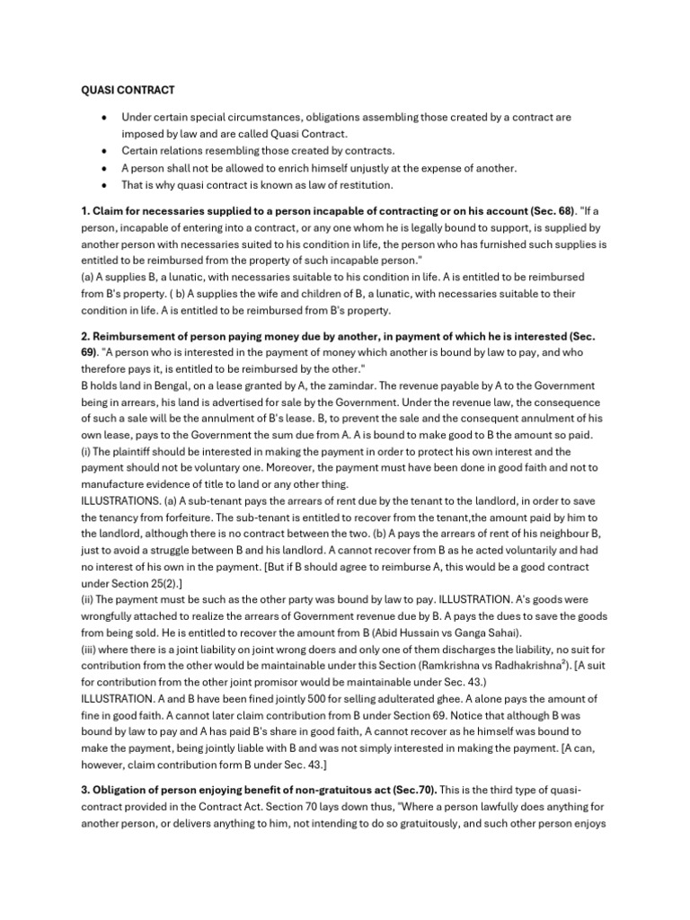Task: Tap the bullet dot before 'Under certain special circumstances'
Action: pos(106,118)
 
